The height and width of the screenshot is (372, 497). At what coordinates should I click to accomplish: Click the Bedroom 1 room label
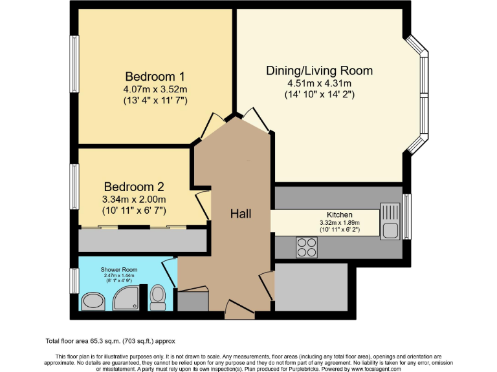(155, 77)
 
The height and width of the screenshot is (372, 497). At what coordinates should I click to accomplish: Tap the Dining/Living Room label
(320, 70)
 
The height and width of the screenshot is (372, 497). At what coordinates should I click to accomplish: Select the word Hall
(241, 214)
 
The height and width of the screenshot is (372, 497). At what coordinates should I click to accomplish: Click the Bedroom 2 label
(134, 187)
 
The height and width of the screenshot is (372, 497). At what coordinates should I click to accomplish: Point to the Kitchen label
(340, 215)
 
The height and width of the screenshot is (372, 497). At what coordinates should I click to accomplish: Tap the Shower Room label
(119, 269)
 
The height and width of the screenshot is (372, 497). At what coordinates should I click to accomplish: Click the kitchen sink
(390, 221)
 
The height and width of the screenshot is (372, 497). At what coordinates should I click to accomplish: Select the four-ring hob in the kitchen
(307, 247)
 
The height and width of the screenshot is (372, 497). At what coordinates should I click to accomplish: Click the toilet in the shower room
(157, 297)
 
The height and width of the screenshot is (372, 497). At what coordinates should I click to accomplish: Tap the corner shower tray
(126, 298)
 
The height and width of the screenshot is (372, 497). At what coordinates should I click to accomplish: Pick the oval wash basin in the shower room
(93, 301)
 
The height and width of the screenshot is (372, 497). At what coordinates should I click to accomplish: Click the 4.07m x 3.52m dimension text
(155, 89)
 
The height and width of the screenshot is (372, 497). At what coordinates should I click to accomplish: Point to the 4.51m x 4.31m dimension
(320, 83)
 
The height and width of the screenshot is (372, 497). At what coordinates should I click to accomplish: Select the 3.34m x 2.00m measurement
(134, 200)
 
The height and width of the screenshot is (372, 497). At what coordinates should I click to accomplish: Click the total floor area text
(110, 341)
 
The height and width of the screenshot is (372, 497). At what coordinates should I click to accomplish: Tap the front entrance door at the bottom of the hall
(239, 310)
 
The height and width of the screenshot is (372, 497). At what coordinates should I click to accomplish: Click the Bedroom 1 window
(74, 64)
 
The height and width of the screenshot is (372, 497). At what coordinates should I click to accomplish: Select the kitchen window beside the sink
(407, 217)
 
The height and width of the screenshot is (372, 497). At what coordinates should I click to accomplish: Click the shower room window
(74, 281)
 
